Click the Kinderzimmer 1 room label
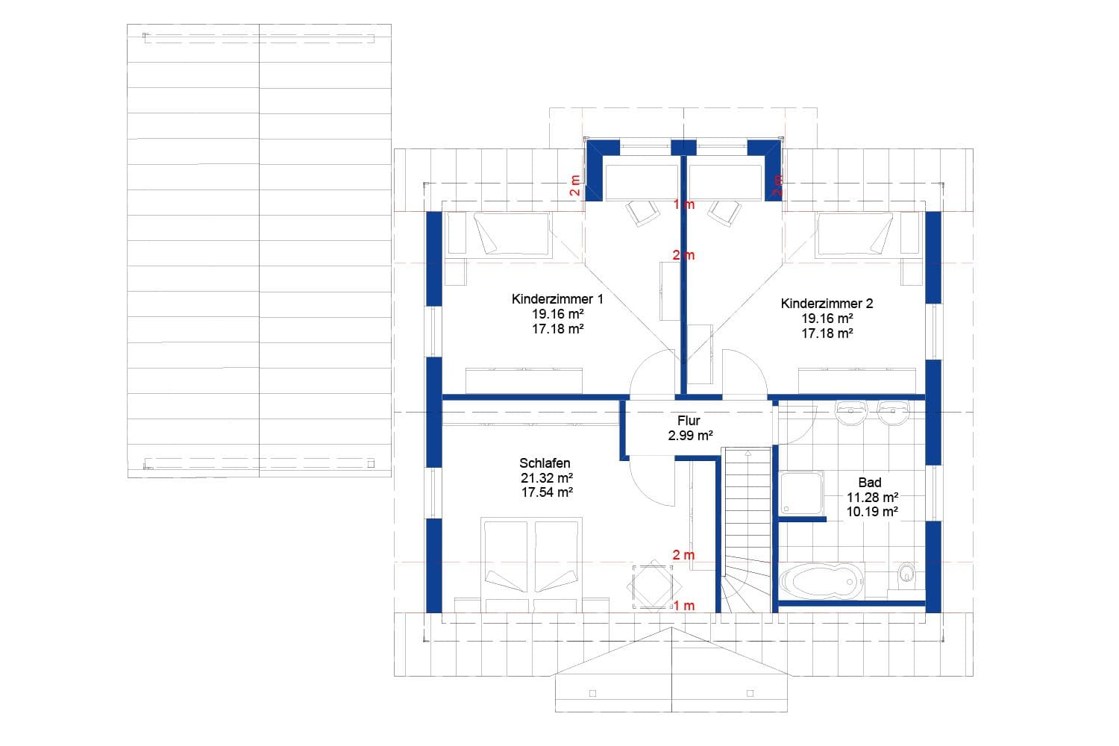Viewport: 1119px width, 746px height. coord(557,299)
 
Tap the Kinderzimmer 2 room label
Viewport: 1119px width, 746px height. coord(827,304)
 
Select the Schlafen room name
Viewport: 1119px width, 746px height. coord(545,463)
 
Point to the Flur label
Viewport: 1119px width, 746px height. coord(689,421)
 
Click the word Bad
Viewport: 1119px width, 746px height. coord(870,483)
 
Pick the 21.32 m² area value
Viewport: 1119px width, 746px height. coord(546,478)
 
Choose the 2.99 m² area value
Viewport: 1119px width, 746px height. coord(690,436)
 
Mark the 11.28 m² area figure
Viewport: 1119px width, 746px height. coord(871,498)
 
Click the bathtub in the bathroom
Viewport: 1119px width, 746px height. coord(821,580)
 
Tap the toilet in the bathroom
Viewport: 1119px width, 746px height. coord(906,574)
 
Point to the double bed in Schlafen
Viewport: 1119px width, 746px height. coord(530,564)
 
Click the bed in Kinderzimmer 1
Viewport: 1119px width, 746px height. coord(512,233)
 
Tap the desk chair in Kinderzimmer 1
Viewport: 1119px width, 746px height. coord(642,211)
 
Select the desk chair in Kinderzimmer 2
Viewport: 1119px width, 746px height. coord(724,211)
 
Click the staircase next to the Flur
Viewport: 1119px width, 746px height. coord(746,522)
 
